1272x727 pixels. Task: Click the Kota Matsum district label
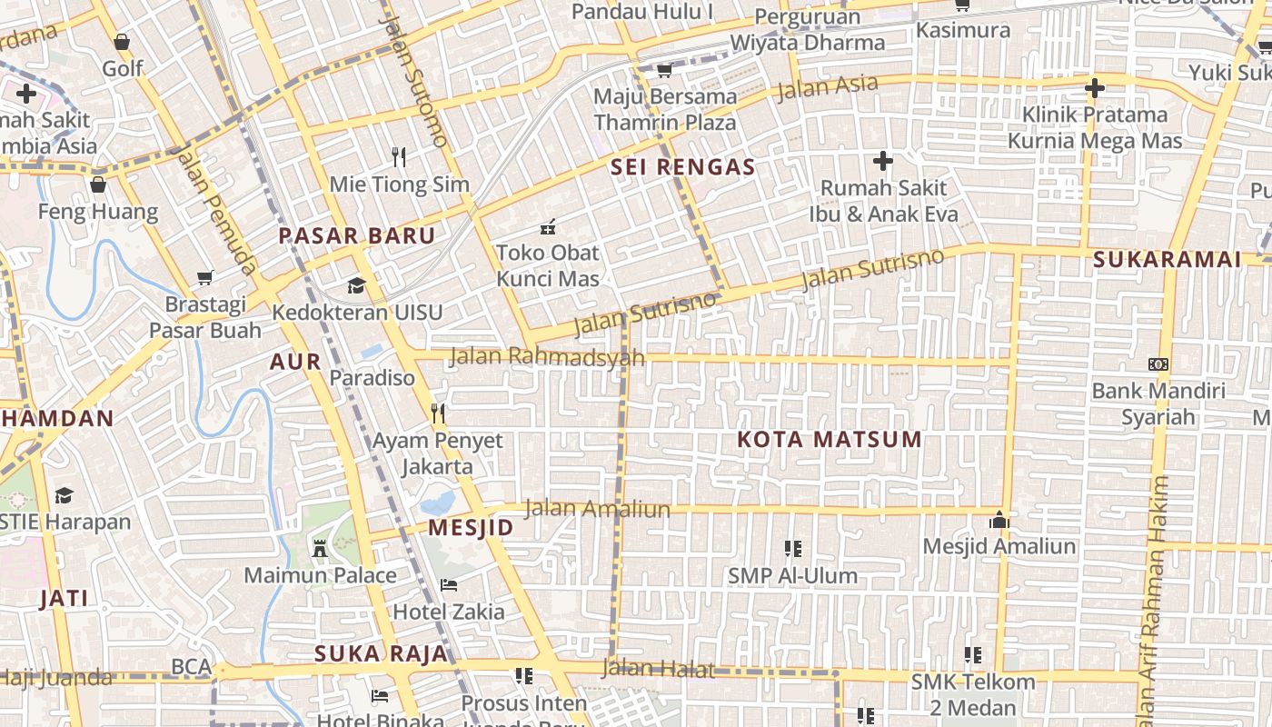[829, 440]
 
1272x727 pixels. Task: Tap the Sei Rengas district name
[683, 167]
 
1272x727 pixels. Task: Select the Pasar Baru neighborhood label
[356, 236]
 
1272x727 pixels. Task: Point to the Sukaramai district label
[1167, 260]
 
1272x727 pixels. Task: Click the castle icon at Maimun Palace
[319, 548]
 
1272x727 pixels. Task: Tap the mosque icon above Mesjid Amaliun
[999, 520]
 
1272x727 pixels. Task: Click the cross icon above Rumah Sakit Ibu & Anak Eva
[882, 162]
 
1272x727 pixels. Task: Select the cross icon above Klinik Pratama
[1095, 88]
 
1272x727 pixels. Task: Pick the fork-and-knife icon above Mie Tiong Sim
[398, 156]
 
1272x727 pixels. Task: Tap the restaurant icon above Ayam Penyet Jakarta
[438, 413]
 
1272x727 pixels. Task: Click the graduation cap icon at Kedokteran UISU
[356, 285]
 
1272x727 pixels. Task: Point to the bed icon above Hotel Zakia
[448, 584]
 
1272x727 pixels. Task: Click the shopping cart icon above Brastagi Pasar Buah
[205, 277]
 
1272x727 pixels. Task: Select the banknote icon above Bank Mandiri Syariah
[1158, 364]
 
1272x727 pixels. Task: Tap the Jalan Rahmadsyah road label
[547, 356]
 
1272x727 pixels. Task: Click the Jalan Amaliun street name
[597, 509]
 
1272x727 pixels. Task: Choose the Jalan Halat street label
[657, 670]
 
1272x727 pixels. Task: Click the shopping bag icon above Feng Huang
[98, 185]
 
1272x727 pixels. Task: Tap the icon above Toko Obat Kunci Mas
[547, 226]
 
